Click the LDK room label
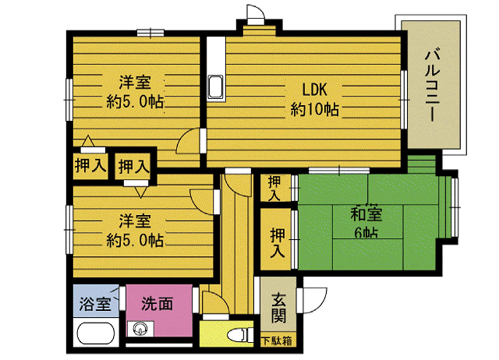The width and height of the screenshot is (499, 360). (314, 88)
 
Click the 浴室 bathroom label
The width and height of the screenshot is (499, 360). (93, 304)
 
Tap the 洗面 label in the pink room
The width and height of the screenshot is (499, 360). (157, 304)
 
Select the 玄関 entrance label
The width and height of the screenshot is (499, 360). (278, 309)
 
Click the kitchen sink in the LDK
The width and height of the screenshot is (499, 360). (215, 86)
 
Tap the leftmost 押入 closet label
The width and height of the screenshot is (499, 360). (90, 165)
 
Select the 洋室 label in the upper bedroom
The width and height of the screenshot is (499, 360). (135, 82)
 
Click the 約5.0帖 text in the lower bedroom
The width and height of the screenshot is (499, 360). (135, 240)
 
